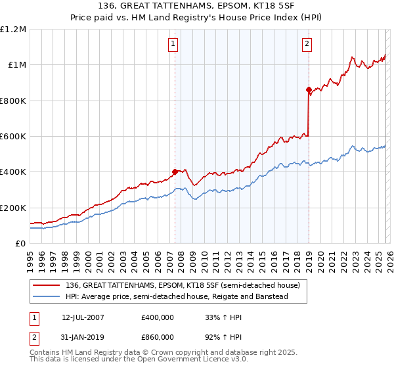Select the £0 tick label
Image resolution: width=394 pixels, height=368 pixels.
point(20,243)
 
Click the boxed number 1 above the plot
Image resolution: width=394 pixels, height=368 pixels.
point(173,44)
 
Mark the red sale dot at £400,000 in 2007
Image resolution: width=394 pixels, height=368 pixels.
point(175,172)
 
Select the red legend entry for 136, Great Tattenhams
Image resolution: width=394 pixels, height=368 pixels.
point(183,285)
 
